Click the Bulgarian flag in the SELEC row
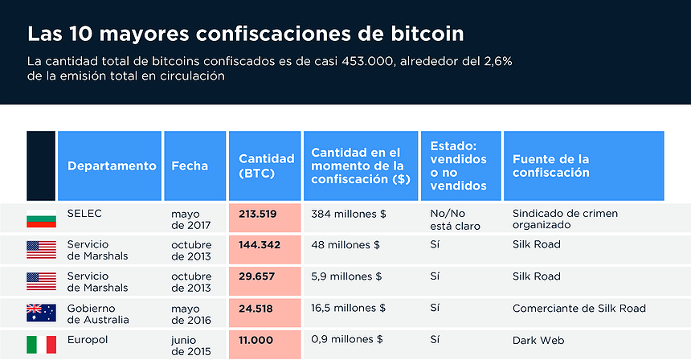[41, 219]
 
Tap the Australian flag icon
[41, 313]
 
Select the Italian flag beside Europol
[41, 345]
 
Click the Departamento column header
[111, 166]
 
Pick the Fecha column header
[190, 166]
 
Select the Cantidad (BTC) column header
[264, 166]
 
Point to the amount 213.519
[257, 214]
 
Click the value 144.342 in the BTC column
[259, 244]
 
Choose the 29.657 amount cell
[257, 276]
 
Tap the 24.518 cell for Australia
[257, 308]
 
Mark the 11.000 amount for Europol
[257, 340]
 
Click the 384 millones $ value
[349, 214]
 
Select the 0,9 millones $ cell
[348, 340]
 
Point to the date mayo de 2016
[190, 313]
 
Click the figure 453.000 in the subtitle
[367, 61]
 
